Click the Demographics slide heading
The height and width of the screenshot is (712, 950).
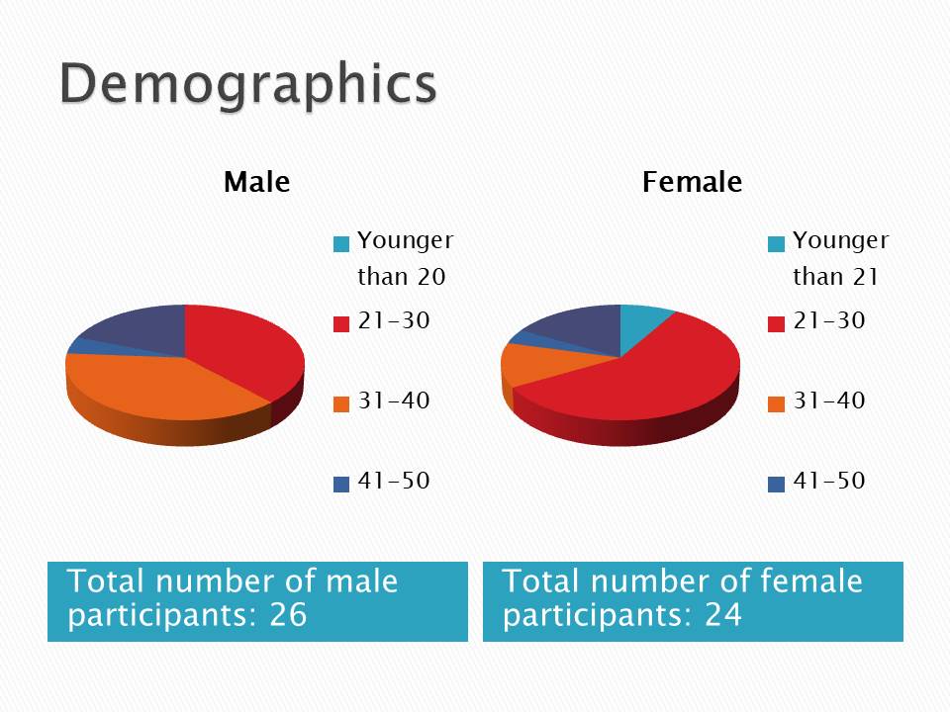coord(247,83)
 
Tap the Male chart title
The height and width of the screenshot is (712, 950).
coord(256,183)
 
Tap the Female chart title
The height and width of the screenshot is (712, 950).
coord(692,183)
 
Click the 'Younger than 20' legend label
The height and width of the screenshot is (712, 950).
coord(405,258)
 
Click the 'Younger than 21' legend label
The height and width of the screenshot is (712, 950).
coord(840,258)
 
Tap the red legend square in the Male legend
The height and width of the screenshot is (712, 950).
coord(341,323)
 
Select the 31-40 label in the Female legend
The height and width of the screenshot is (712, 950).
coord(828,400)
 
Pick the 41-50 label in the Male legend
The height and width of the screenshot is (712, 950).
coord(393,482)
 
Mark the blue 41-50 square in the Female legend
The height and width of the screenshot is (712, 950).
coord(777,484)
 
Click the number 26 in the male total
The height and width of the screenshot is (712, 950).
coord(288,615)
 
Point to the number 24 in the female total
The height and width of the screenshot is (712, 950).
coord(722,615)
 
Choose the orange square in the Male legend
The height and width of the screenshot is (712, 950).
coord(341,403)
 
